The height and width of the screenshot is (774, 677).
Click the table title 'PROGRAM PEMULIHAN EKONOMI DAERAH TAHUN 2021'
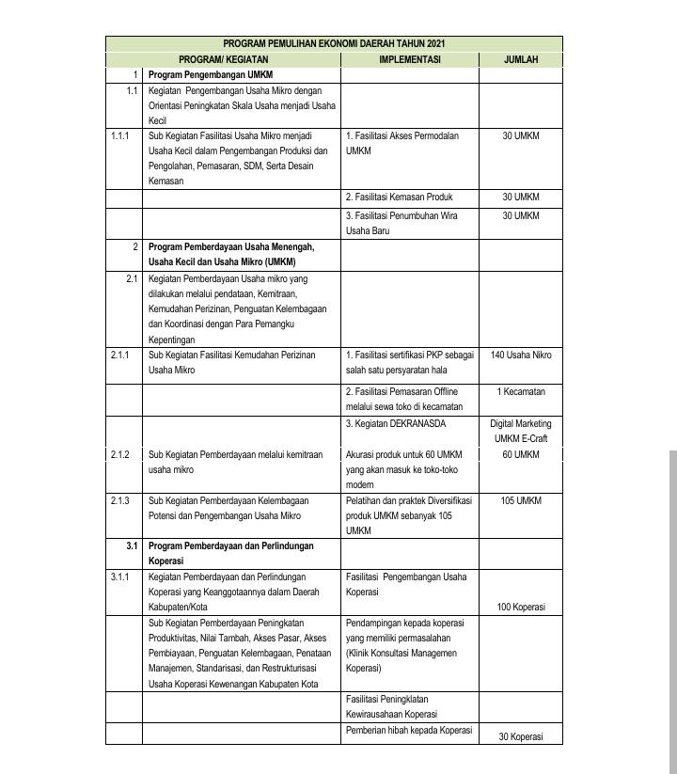pos(334,43)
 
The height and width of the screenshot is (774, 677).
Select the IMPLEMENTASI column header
pos(409,59)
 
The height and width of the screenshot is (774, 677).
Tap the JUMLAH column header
pos(520,59)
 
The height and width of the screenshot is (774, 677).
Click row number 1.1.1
pos(119,136)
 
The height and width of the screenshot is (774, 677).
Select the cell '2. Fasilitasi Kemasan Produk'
pos(399,197)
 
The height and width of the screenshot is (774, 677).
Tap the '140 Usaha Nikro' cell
pos(520,355)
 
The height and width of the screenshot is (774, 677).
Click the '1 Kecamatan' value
pos(520,391)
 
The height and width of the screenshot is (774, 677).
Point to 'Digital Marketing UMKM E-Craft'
pos(520,431)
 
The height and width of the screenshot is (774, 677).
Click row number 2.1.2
pos(119,455)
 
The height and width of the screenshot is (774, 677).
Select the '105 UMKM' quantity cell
pos(520,501)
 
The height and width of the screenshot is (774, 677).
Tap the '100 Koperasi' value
pos(520,608)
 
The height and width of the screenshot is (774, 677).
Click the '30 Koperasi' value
pos(520,736)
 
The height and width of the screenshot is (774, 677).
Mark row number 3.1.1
pos(119,577)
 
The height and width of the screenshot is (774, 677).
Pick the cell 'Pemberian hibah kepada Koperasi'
pos(408,731)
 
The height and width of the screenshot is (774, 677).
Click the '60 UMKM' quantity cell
pos(520,455)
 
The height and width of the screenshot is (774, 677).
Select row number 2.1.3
pos(119,501)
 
